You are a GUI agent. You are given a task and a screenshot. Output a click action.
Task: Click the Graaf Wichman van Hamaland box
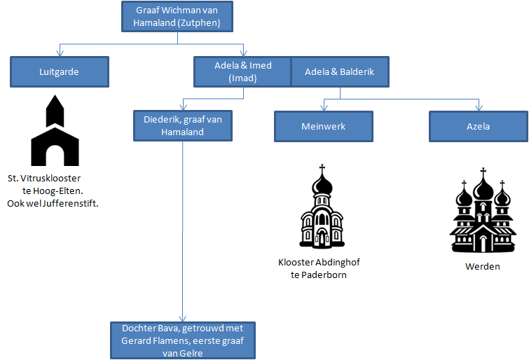coord(176,16)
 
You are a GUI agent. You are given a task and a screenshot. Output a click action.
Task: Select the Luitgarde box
coord(60,71)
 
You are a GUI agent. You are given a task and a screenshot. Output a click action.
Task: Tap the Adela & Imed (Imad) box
coord(242,71)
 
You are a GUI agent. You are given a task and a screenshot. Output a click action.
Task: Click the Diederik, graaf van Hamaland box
coord(182,125)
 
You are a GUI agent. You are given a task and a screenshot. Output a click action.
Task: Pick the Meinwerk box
coord(322,127)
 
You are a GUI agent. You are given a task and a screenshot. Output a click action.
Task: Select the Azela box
coord(478,127)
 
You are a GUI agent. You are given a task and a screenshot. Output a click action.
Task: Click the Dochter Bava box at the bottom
coord(182,340)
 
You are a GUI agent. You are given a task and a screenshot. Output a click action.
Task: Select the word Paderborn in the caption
coord(324,275)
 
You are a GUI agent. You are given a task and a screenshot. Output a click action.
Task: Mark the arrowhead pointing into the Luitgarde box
coord(60,55)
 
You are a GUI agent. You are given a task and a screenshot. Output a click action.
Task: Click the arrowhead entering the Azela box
coord(479,109)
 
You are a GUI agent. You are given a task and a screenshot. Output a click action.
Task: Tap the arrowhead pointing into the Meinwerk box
coord(322,109)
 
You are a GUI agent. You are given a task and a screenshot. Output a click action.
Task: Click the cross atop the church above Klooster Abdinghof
coord(322,168)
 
